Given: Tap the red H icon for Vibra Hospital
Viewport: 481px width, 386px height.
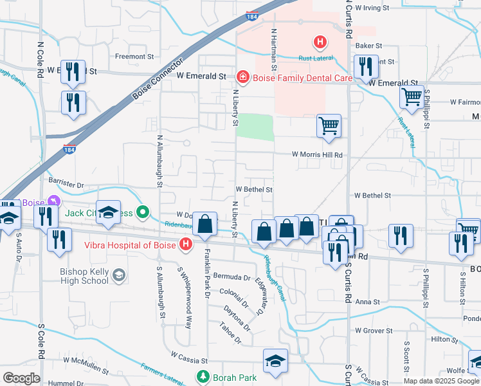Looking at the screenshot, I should tap(186, 244).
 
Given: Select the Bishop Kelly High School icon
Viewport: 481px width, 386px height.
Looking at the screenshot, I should tap(118, 276).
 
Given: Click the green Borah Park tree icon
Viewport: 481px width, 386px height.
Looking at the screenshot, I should tap(203, 376).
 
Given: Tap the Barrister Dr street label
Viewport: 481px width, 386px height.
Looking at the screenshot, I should tap(67, 185).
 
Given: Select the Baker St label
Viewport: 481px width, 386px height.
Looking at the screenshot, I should tap(369, 46).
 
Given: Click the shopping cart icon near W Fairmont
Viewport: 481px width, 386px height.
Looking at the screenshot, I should tap(412, 98).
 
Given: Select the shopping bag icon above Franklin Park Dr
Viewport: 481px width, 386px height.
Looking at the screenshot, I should tap(205, 225).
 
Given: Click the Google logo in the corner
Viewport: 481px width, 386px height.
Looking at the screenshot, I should tap(21, 378).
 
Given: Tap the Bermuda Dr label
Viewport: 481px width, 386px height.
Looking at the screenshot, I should tap(232, 277).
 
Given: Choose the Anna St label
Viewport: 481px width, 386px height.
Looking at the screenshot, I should tap(368, 301).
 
